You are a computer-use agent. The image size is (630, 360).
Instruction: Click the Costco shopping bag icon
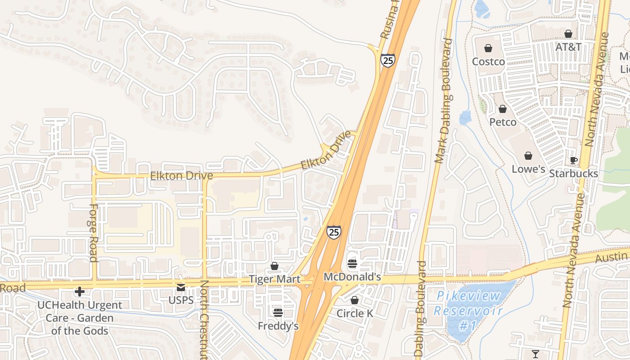point(488,48)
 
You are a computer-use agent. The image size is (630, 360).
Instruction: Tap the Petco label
point(503,122)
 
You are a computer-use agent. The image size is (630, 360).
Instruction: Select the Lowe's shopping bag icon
point(528,156)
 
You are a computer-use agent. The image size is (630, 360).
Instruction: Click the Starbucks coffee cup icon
point(574,160)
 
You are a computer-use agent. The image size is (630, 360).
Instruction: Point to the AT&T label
point(568,47)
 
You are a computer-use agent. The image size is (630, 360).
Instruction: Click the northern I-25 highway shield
point(387,60)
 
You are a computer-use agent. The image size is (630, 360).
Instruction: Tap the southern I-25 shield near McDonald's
point(333,232)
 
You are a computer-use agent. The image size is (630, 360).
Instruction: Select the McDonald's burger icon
point(352,264)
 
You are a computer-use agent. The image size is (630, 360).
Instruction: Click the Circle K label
point(355,313)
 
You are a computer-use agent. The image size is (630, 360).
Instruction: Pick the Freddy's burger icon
point(278,312)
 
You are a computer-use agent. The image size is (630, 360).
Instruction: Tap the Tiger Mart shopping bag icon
point(274,266)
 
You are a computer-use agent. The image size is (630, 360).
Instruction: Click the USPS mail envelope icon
point(181,287)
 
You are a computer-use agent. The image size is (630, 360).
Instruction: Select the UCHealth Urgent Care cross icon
point(80,292)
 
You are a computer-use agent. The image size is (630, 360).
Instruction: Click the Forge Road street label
point(93,233)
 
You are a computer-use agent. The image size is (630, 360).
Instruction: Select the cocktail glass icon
point(535,354)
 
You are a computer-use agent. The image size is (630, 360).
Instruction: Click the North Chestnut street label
point(205,319)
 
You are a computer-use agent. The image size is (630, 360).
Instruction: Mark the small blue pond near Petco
point(465,118)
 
